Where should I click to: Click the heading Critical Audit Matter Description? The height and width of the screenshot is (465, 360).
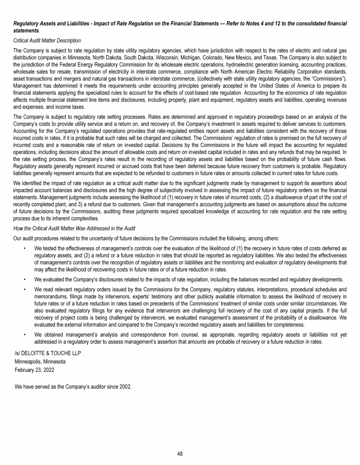click(x=47, y=40)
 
